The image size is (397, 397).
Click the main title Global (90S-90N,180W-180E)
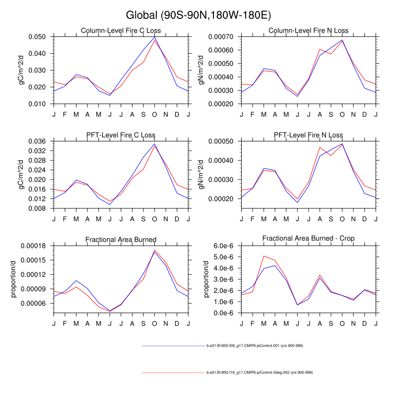[198, 15]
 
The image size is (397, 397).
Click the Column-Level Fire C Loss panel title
[121, 31]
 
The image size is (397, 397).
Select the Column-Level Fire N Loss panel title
[308, 31]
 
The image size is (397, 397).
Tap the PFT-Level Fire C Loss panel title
[121, 135]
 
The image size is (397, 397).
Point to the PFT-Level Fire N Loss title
[308, 135]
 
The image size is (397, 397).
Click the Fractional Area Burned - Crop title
[308, 239]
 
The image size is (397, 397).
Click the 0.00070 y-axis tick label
[222, 37]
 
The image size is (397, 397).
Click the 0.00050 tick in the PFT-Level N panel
[222, 141]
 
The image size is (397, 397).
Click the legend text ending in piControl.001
[255, 345]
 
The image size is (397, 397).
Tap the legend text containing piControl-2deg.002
[260, 372]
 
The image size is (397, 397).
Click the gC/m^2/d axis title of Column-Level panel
[21, 70]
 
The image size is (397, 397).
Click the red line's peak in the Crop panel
[265, 256]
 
